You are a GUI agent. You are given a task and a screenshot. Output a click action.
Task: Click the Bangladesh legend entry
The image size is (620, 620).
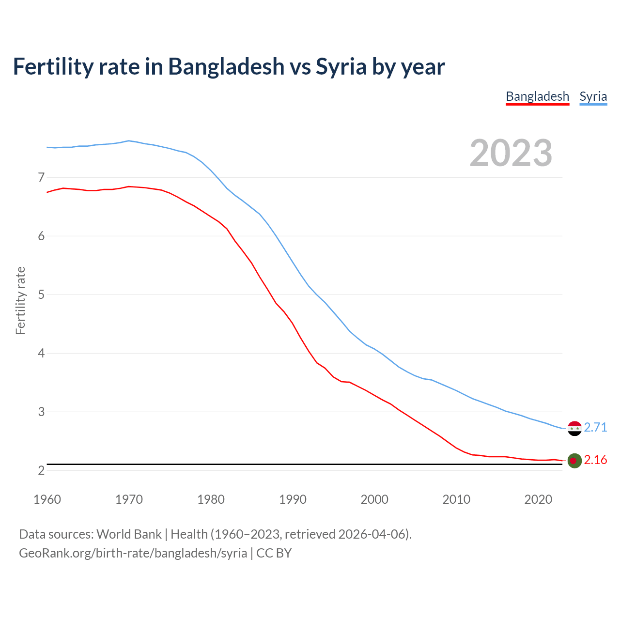pyautogui.click(x=537, y=96)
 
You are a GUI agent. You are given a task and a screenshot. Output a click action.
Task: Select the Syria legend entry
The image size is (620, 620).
pyautogui.click(x=593, y=96)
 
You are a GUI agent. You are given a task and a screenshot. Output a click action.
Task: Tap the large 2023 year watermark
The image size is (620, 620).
pyautogui.click(x=511, y=153)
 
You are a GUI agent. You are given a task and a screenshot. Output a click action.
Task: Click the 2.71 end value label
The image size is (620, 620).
pyautogui.click(x=595, y=427)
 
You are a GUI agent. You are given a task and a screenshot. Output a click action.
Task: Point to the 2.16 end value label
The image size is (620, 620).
pyautogui.click(x=595, y=460)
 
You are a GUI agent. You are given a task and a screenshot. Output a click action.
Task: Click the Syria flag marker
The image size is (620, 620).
pyautogui.click(x=574, y=428)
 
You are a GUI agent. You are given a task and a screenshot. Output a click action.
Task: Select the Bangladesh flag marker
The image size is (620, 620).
pyautogui.click(x=574, y=461)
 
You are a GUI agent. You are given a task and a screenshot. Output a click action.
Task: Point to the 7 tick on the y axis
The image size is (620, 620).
pyautogui.click(x=41, y=177)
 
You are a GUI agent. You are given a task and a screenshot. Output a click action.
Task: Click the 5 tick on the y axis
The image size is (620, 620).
pyautogui.click(x=41, y=294)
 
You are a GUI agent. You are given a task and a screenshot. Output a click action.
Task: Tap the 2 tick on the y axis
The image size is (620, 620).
pyautogui.click(x=41, y=470)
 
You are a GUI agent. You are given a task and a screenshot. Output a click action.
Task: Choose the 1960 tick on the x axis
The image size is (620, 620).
pyautogui.click(x=47, y=499)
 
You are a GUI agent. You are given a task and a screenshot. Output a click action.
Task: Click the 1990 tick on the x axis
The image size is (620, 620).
pyautogui.click(x=293, y=499)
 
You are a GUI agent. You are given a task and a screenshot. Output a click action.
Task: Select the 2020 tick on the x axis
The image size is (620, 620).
pyautogui.click(x=538, y=499)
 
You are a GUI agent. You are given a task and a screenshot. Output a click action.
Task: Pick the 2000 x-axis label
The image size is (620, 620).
pyautogui.click(x=374, y=499)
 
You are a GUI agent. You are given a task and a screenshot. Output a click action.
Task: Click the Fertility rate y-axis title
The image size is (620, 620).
pyautogui.click(x=20, y=300)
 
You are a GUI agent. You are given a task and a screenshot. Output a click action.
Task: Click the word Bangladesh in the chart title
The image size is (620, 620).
pyautogui.click(x=226, y=67)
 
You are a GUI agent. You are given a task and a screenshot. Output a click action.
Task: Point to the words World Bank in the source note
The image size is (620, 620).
pyautogui.click(x=129, y=534)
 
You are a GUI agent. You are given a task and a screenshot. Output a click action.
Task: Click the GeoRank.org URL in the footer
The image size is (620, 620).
pyautogui.click(x=133, y=553)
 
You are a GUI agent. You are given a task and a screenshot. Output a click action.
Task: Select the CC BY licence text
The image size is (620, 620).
pyautogui.click(x=274, y=553)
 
